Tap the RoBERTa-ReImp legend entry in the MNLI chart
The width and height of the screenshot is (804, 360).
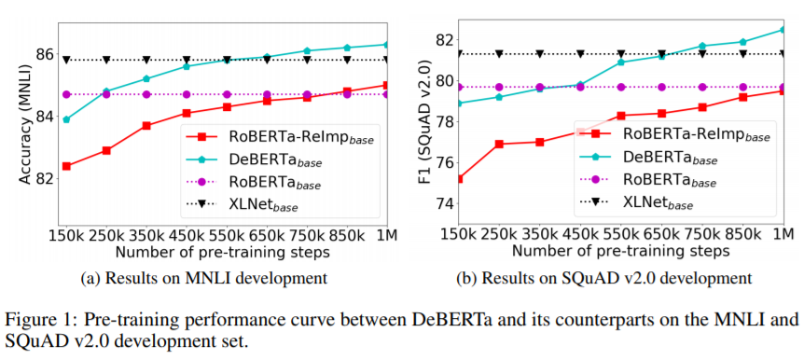point(280,137)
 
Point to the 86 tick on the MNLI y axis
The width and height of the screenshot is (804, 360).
point(45,54)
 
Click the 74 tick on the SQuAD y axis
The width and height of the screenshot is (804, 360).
point(442,203)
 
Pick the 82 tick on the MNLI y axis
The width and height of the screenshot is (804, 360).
point(45,179)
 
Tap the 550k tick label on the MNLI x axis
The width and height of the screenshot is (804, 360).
point(227,236)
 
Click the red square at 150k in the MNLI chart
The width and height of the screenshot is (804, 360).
point(66,166)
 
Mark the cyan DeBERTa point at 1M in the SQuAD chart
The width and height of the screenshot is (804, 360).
point(783,30)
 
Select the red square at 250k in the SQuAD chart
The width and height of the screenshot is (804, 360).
point(499,145)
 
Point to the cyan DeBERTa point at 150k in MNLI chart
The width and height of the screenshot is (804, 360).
point(66,119)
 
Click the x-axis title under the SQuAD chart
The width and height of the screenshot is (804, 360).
point(621,252)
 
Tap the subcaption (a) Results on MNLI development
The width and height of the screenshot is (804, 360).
point(205,279)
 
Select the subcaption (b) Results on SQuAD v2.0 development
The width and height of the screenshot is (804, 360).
point(605,279)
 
